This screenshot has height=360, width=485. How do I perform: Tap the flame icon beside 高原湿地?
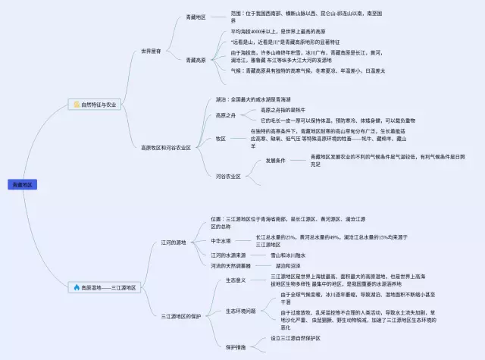point(77,287)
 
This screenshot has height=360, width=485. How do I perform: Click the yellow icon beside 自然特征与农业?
point(76,105)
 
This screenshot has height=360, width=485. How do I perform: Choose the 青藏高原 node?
point(196,59)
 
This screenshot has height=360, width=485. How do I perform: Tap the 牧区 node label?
point(221,139)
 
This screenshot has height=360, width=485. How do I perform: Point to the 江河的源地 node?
point(174,243)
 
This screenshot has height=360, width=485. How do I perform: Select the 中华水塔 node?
point(221,241)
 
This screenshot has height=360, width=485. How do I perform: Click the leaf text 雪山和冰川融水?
point(288,255)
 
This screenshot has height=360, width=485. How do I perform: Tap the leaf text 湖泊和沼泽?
point(289,266)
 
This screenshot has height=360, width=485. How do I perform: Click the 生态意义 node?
point(235,280)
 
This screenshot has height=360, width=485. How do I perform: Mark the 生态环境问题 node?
point(240,311)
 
